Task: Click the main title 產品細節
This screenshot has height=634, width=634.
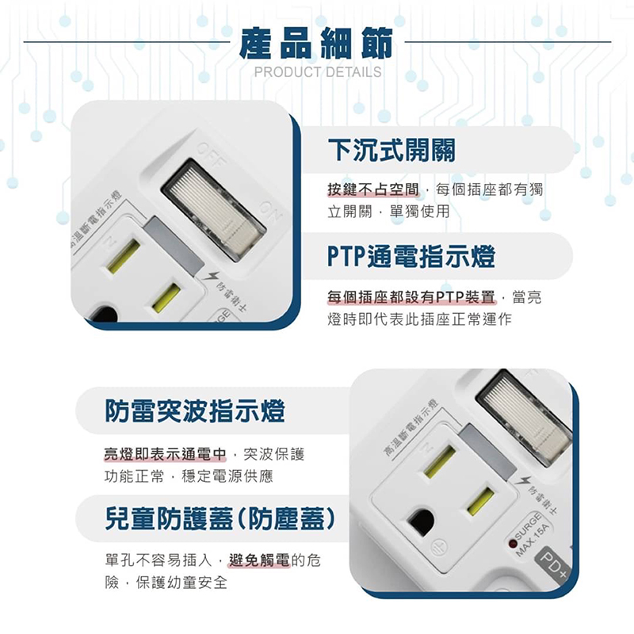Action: [x=316, y=43]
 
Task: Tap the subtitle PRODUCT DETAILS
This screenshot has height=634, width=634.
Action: [x=318, y=72]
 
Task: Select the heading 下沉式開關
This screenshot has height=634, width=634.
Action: [x=391, y=150]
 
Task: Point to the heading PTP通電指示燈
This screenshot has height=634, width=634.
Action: [x=411, y=256]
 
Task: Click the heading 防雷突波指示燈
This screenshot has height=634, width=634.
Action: [x=195, y=411]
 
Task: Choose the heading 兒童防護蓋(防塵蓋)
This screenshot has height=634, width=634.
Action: [x=220, y=518]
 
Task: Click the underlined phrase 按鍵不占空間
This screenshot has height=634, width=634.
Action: [x=373, y=189]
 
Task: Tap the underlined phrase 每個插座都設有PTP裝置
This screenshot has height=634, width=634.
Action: [x=411, y=297]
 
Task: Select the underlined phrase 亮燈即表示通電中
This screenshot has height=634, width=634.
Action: [x=165, y=454]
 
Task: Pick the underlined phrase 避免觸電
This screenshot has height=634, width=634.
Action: [x=259, y=560]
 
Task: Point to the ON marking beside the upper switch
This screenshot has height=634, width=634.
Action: [x=271, y=213]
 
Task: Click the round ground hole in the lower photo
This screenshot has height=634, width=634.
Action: [x=421, y=522]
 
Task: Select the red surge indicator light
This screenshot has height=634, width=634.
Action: [x=513, y=544]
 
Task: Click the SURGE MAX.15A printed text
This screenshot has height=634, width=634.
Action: [x=532, y=533]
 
